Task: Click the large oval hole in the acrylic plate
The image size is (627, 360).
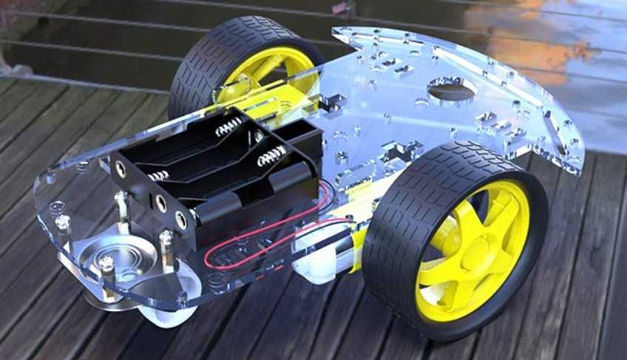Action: (452, 91)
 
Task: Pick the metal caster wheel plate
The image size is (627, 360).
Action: (118, 259)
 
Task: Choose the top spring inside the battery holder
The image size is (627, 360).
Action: (229, 126)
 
